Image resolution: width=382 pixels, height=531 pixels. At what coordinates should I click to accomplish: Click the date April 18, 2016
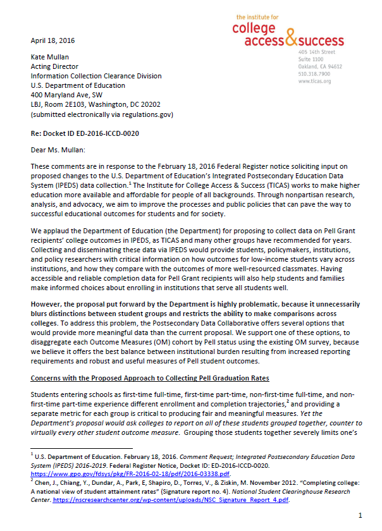(52, 40)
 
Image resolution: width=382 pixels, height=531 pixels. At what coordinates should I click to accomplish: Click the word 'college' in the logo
(254, 28)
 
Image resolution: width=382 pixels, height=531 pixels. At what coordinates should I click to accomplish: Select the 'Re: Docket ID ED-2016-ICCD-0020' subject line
(85, 135)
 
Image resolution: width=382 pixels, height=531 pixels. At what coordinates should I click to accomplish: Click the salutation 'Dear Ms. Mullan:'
(59, 152)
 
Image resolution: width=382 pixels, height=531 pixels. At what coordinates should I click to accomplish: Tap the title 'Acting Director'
(54, 66)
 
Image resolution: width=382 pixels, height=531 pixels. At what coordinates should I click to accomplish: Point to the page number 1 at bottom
(359, 515)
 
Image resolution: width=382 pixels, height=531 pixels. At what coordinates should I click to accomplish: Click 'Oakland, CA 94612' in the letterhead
(320, 66)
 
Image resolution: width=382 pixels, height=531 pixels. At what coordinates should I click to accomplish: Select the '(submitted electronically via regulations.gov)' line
(101, 115)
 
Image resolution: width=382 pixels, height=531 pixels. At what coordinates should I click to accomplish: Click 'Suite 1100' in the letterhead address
(311, 59)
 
